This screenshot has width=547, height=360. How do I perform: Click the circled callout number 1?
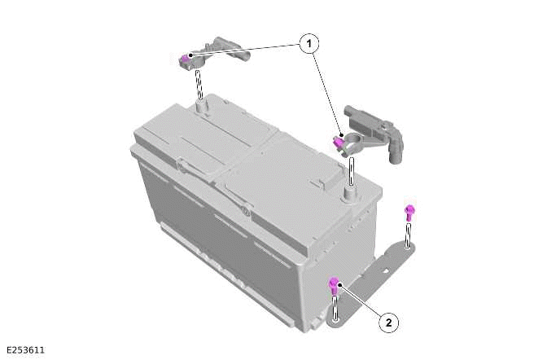click(x=309, y=45)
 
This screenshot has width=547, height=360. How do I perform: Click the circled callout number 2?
click(x=388, y=323)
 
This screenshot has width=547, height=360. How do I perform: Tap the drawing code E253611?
click(x=24, y=350)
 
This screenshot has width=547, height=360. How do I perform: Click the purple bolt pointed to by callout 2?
click(x=333, y=284)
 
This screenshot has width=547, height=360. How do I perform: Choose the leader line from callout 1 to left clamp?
click(x=244, y=50)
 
